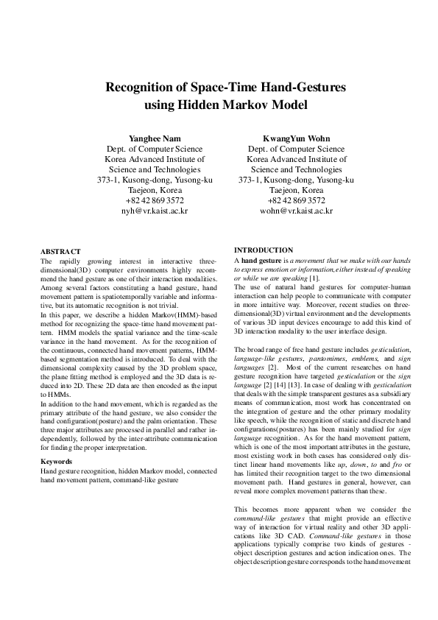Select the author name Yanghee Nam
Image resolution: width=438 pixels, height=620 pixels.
click(x=155, y=138)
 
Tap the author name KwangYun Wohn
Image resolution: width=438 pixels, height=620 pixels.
click(x=296, y=138)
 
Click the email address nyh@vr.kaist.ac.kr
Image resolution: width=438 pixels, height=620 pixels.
click(x=155, y=210)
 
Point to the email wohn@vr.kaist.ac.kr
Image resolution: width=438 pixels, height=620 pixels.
click(x=296, y=210)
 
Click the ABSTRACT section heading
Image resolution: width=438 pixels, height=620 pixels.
click(x=60, y=251)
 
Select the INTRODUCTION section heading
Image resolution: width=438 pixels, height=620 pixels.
click(x=263, y=250)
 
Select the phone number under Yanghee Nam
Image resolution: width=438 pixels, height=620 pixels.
click(x=155, y=200)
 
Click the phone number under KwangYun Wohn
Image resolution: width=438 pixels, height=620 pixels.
click(x=296, y=200)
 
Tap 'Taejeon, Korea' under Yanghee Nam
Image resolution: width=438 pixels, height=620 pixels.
click(x=155, y=189)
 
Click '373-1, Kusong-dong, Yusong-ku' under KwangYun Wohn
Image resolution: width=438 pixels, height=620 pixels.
click(x=296, y=179)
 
